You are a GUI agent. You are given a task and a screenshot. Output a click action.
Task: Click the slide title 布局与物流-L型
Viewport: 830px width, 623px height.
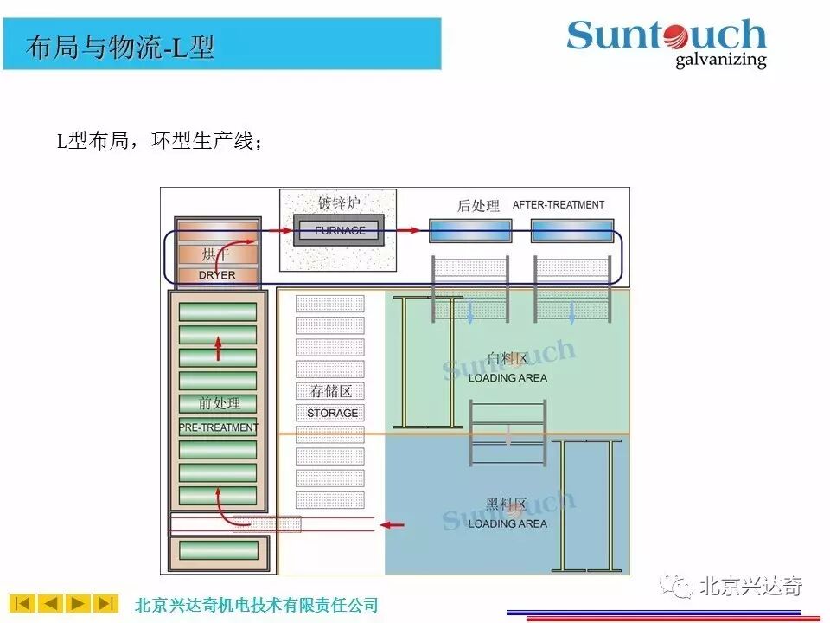pos(120,47)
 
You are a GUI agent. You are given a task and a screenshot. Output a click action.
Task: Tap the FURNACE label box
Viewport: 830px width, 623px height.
pos(340,231)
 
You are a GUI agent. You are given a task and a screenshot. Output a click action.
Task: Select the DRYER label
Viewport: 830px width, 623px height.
pos(217,275)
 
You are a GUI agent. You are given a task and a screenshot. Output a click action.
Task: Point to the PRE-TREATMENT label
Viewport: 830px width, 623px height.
pos(218,427)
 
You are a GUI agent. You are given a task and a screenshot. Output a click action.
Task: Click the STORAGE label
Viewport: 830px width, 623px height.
pos(332,413)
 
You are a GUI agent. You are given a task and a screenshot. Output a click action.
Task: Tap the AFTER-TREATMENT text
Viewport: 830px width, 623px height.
pos(559,205)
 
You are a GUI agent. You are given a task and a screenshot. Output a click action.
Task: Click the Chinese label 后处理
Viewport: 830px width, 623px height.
pos(478,206)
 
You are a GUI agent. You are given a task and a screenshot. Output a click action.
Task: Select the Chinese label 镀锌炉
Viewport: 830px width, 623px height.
pos(339,204)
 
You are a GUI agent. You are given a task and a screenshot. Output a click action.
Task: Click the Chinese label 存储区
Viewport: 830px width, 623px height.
pos(331,391)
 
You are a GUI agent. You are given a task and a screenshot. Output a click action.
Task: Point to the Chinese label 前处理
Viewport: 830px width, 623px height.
pos(219,403)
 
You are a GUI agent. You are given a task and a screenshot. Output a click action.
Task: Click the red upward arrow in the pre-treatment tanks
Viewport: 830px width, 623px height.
pos(218,347)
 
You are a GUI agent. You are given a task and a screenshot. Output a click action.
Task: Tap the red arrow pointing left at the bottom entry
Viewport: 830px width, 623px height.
pos(393,524)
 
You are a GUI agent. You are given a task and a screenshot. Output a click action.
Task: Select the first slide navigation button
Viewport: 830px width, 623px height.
pos(22,603)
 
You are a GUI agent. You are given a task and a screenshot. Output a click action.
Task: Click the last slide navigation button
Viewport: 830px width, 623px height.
pos(106,603)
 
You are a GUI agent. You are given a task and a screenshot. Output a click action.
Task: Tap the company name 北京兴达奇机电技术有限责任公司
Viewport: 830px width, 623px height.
pos(257,605)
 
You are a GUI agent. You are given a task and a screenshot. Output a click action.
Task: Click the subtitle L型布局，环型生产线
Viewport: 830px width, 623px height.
pos(160,142)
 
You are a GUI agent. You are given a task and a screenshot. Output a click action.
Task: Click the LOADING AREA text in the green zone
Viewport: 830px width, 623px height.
pos(508,378)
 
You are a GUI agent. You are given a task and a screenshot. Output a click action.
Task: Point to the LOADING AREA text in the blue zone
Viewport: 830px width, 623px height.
pos(508,523)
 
